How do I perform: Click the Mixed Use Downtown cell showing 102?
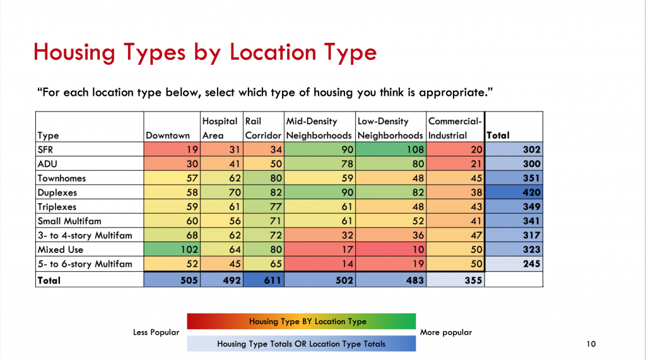click(x=172, y=249)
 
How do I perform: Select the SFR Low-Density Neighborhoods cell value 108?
click(x=391, y=149)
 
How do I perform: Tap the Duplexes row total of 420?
click(x=514, y=192)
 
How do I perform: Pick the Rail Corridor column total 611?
click(x=264, y=280)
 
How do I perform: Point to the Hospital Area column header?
click(x=220, y=128)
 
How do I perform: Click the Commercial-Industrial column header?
click(x=455, y=128)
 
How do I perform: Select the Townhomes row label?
click(x=62, y=178)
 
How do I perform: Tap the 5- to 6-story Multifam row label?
click(x=85, y=264)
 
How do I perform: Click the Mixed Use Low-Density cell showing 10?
click(x=391, y=249)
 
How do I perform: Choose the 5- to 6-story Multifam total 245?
click(x=514, y=264)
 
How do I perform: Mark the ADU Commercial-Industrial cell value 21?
click(x=455, y=163)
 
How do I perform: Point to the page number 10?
click(x=590, y=344)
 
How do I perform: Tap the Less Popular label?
click(x=156, y=332)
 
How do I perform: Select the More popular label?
click(x=446, y=332)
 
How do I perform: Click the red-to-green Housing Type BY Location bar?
click(x=301, y=322)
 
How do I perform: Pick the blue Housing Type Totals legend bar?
click(x=301, y=344)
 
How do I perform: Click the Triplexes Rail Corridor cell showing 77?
click(x=264, y=206)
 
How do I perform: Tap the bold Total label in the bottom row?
click(x=49, y=281)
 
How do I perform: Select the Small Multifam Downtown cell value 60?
click(x=172, y=221)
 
